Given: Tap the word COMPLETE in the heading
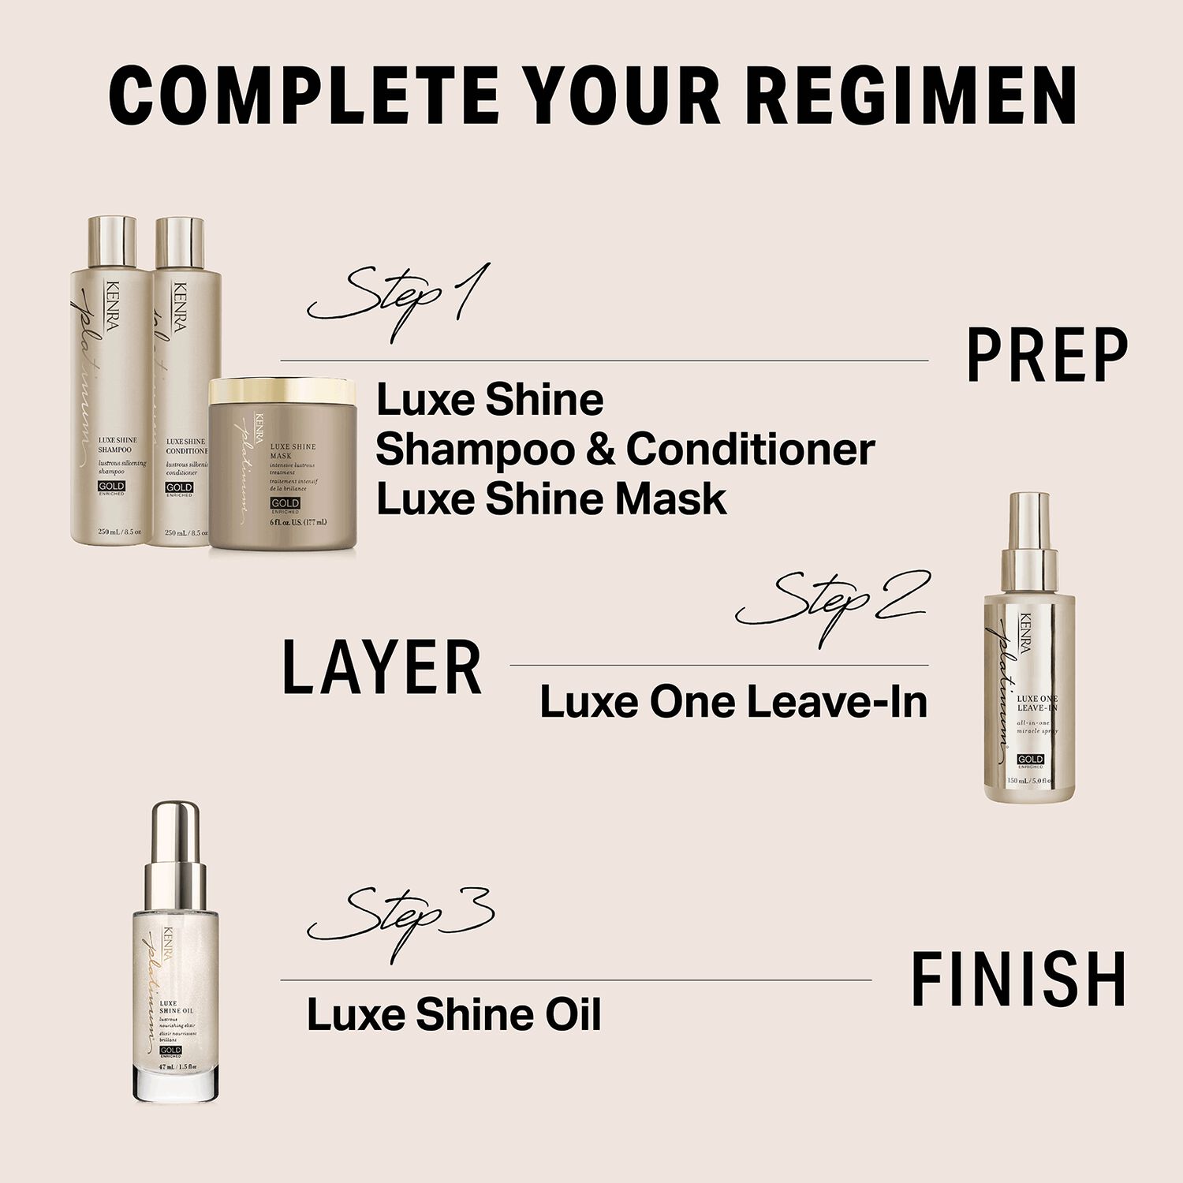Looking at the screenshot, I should pyautogui.click(x=304, y=96).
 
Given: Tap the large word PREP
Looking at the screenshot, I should pyautogui.click(x=1047, y=356).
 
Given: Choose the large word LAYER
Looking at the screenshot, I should pyautogui.click(x=382, y=669).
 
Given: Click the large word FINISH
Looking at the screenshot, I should pyautogui.click(x=1018, y=980).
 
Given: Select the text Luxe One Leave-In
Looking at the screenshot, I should pyautogui.click(x=733, y=702).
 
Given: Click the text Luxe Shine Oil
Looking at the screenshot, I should pyautogui.click(x=453, y=1014).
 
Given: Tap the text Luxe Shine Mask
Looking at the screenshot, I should pyautogui.click(x=550, y=499).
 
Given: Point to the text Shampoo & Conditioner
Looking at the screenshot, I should pyautogui.click(x=625, y=450).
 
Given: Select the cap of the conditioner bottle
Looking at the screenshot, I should pyautogui.click(x=180, y=242).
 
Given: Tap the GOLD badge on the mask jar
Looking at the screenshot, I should pyautogui.click(x=285, y=503).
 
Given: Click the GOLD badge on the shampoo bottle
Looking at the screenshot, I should pyautogui.click(x=110, y=487).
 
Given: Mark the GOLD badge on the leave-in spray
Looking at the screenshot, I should pyautogui.click(x=1030, y=759).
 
